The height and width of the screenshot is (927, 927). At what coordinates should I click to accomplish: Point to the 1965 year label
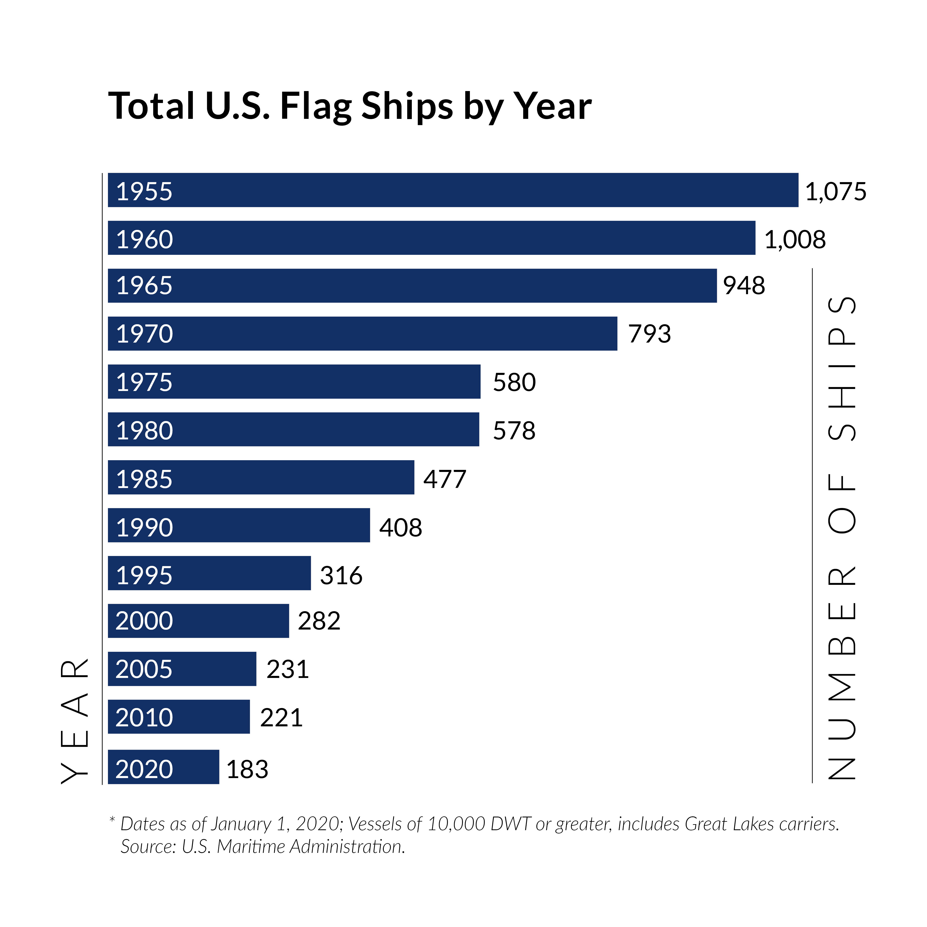(144, 286)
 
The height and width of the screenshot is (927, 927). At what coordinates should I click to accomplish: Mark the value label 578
(514, 430)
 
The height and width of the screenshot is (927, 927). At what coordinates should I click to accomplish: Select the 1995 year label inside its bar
(144, 575)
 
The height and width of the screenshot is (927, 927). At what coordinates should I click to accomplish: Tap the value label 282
(319, 621)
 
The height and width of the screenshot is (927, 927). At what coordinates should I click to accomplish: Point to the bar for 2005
(182, 669)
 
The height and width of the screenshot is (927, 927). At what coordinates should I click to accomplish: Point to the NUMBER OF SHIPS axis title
(842, 537)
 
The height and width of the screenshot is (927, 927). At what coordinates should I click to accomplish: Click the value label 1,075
(835, 191)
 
